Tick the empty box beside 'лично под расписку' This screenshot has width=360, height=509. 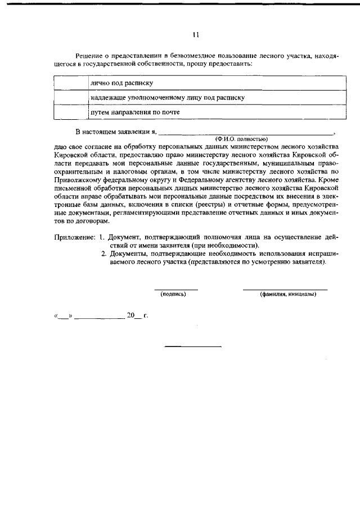[x=71, y=83]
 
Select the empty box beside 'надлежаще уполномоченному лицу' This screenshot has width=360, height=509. [x=71, y=97]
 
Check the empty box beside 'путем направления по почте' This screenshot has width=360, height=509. [x=71, y=112]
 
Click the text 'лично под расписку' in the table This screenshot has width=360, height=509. [x=123, y=83]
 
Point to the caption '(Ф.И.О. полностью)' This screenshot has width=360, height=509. [x=241, y=138]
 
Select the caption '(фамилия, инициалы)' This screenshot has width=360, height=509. [x=287, y=294]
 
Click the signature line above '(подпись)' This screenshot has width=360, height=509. [x=176, y=289]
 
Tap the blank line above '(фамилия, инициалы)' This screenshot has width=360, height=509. [x=285, y=289]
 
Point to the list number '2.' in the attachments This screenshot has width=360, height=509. [x=104, y=254]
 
